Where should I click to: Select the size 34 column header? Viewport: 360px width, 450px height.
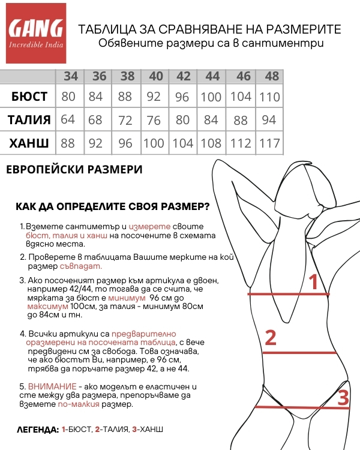(71, 76)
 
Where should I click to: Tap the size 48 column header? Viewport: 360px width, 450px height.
(272, 76)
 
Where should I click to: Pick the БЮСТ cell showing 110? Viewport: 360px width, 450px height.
(270, 97)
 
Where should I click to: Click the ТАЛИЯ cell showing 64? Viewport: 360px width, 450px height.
(68, 120)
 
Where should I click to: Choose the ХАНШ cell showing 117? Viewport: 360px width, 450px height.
(270, 143)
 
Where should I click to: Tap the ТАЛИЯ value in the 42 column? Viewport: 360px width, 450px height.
(183, 120)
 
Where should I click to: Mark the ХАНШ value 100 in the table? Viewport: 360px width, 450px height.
(154, 143)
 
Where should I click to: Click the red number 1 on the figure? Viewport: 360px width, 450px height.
(313, 281)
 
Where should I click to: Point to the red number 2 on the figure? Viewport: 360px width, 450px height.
(271, 338)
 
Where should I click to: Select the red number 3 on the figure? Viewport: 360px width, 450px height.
(343, 398)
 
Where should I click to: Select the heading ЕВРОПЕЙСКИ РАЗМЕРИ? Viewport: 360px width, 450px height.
(74, 170)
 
